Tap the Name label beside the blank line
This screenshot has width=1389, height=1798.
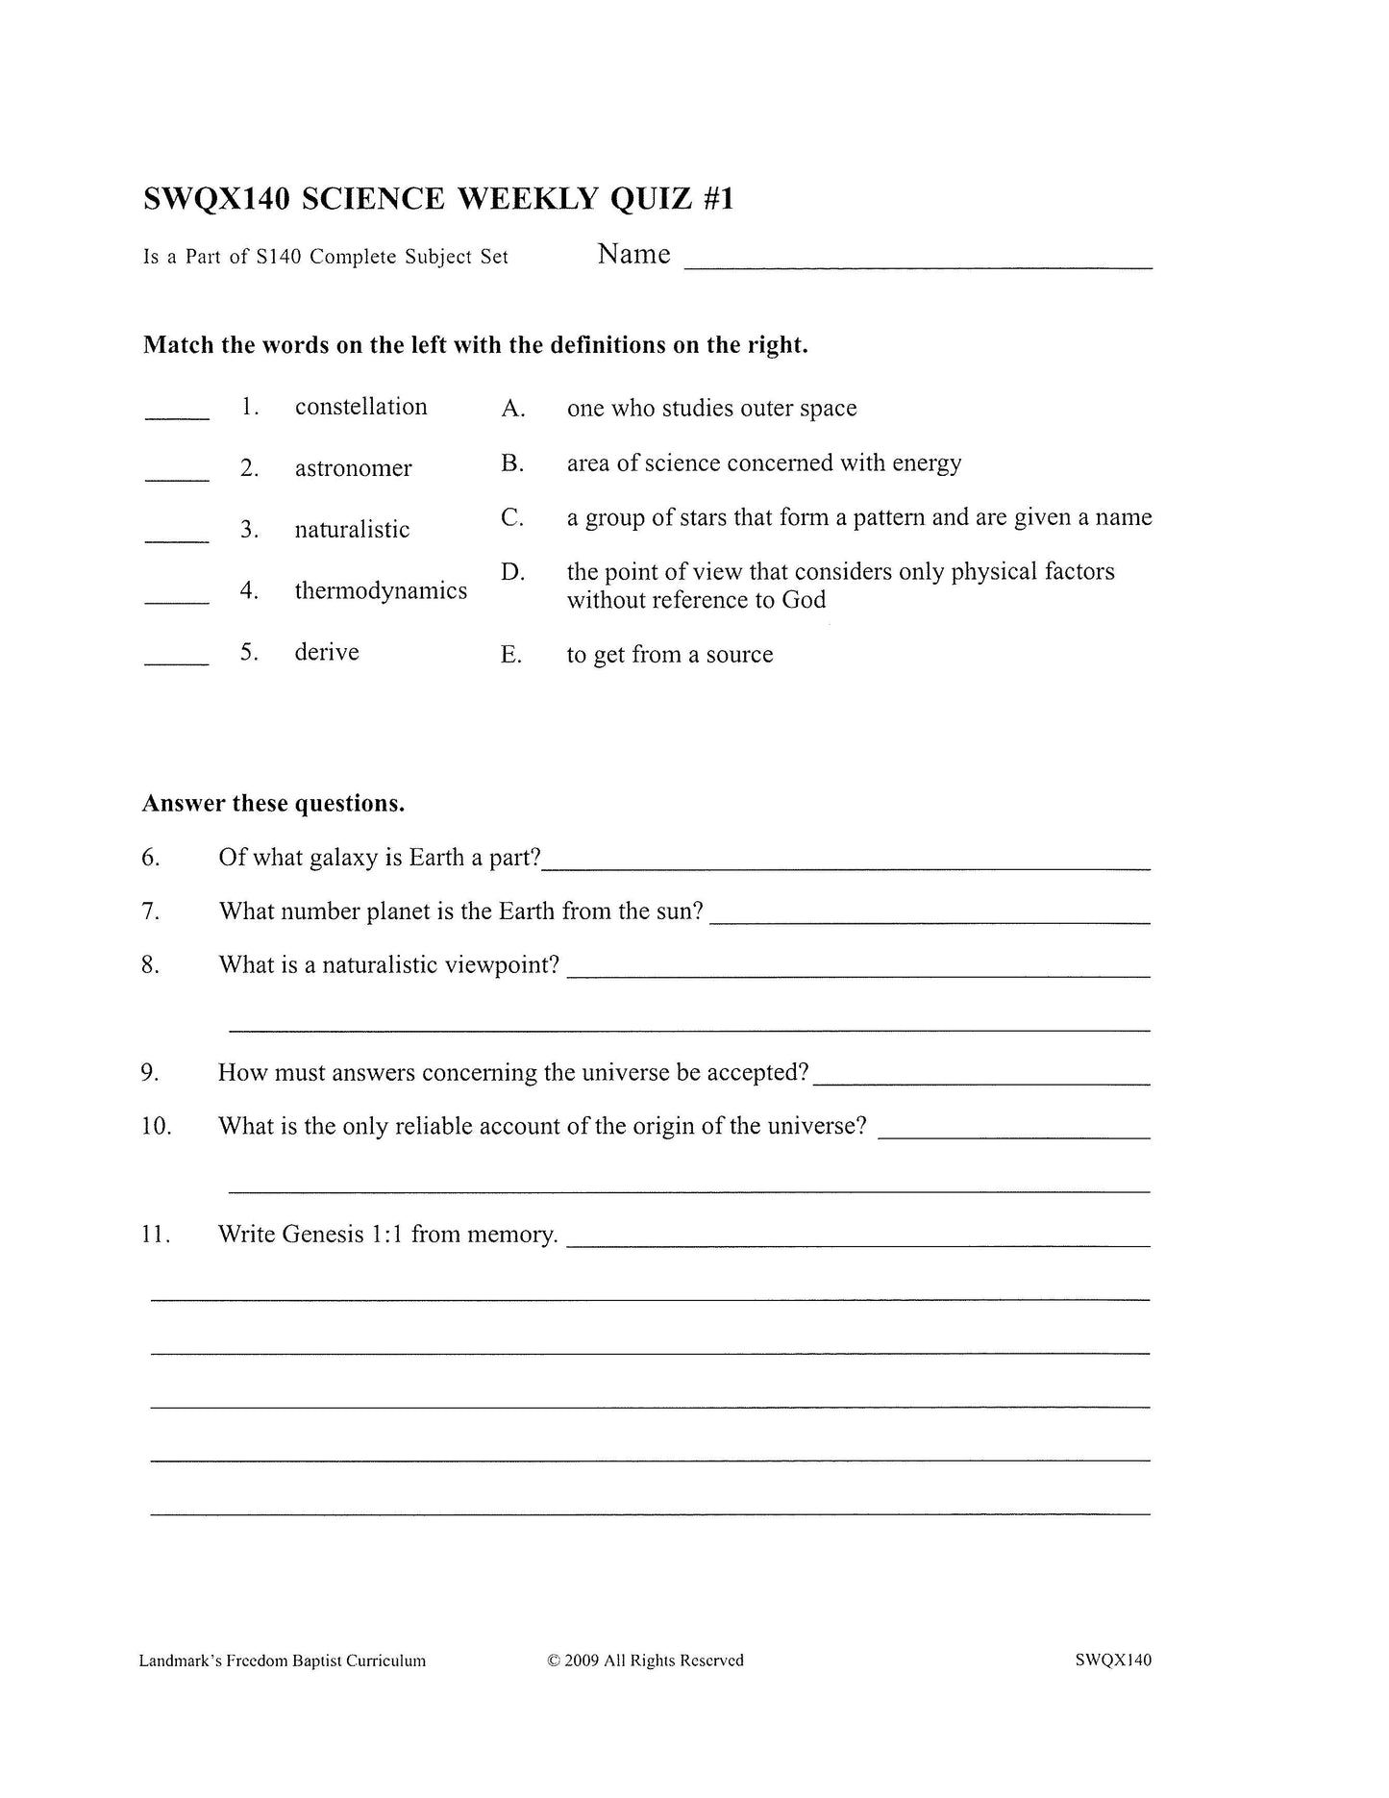tap(633, 254)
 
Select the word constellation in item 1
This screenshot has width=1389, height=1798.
tap(360, 407)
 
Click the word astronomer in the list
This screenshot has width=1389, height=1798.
tap(353, 468)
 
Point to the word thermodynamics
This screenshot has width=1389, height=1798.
tap(381, 590)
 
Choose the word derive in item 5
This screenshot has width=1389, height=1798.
tap(327, 652)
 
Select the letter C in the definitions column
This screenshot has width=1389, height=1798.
tap(512, 517)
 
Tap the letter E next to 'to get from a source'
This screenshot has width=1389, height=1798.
tap(511, 655)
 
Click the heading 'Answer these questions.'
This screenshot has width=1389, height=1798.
tap(273, 804)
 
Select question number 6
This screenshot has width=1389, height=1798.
tap(151, 858)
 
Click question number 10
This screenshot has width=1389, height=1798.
tap(156, 1126)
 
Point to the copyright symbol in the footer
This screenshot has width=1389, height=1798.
tap(553, 1661)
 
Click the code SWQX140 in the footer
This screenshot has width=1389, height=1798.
tap(1113, 1661)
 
